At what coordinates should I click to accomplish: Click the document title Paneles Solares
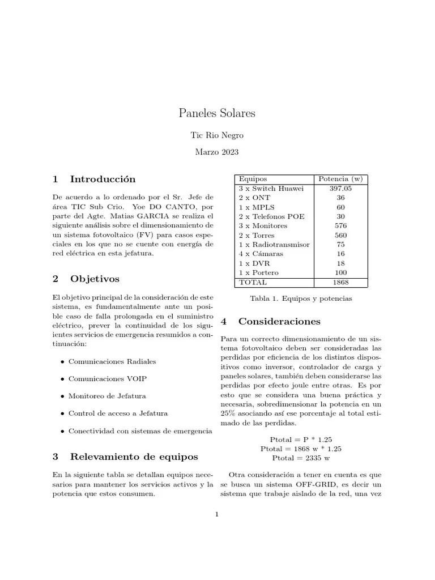(x=217, y=113)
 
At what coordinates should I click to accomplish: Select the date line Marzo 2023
(x=217, y=152)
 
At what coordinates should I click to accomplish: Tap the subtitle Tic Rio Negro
(x=217, y=135)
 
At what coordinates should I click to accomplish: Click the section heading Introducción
(x=103, y=179)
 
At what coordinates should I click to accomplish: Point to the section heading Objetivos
(x=95, y=279)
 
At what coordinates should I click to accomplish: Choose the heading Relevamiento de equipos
(x=134, y=456)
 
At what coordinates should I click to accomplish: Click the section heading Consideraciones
(x=279, y=321)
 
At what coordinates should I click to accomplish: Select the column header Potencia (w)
(x=340, y=179)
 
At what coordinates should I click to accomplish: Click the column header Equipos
(x=253, y=179)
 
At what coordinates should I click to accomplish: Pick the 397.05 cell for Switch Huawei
(x=340, y=188)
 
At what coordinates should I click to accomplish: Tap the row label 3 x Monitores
(x=263, y=225)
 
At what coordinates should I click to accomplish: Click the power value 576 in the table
(x=340, y=225)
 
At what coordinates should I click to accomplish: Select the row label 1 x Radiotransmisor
(x=274, y=244)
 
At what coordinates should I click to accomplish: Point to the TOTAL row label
(x=253, y=282)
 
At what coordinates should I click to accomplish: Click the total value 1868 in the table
(x=340, y=282)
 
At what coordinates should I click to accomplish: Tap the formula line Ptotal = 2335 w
(x=301, y=458)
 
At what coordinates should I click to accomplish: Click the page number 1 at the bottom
(x=217, y=514)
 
